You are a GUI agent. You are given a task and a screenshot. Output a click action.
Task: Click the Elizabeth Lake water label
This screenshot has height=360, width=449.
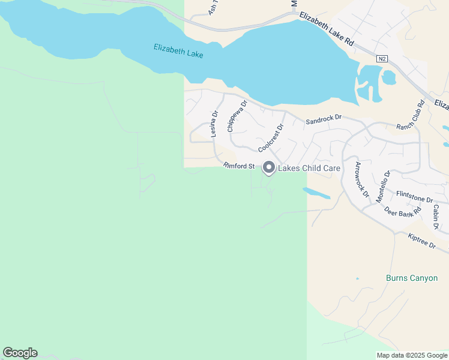click(x=178, y=51)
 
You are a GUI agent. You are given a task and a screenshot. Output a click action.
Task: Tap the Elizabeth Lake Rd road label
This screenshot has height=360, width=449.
click(x=328, y=28)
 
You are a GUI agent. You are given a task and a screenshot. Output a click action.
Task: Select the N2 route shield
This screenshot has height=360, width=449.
click(x=382, y=59)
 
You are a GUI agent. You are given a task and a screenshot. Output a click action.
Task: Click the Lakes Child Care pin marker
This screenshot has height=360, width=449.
click(x=268, y=168)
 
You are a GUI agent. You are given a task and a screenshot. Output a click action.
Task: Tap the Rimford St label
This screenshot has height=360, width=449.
click(x=239, y=166)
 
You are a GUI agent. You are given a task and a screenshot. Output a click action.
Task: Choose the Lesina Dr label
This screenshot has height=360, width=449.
click(x=214, y=124)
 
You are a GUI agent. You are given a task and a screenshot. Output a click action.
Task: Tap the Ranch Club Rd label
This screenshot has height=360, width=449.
click(x=410, y=115)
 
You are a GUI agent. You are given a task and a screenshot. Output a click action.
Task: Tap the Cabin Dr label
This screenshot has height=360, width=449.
click(x=436, y=217)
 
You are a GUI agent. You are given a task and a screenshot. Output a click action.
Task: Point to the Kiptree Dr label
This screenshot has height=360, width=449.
click(x=421, y=242)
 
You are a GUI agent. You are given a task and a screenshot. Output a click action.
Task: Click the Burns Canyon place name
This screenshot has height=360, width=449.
click(x=411, y=278)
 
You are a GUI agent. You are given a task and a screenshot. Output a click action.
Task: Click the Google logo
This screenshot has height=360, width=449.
click(x=20, y=353)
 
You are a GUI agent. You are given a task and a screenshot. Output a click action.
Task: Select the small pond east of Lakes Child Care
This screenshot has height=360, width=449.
click(x=316, y=193)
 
